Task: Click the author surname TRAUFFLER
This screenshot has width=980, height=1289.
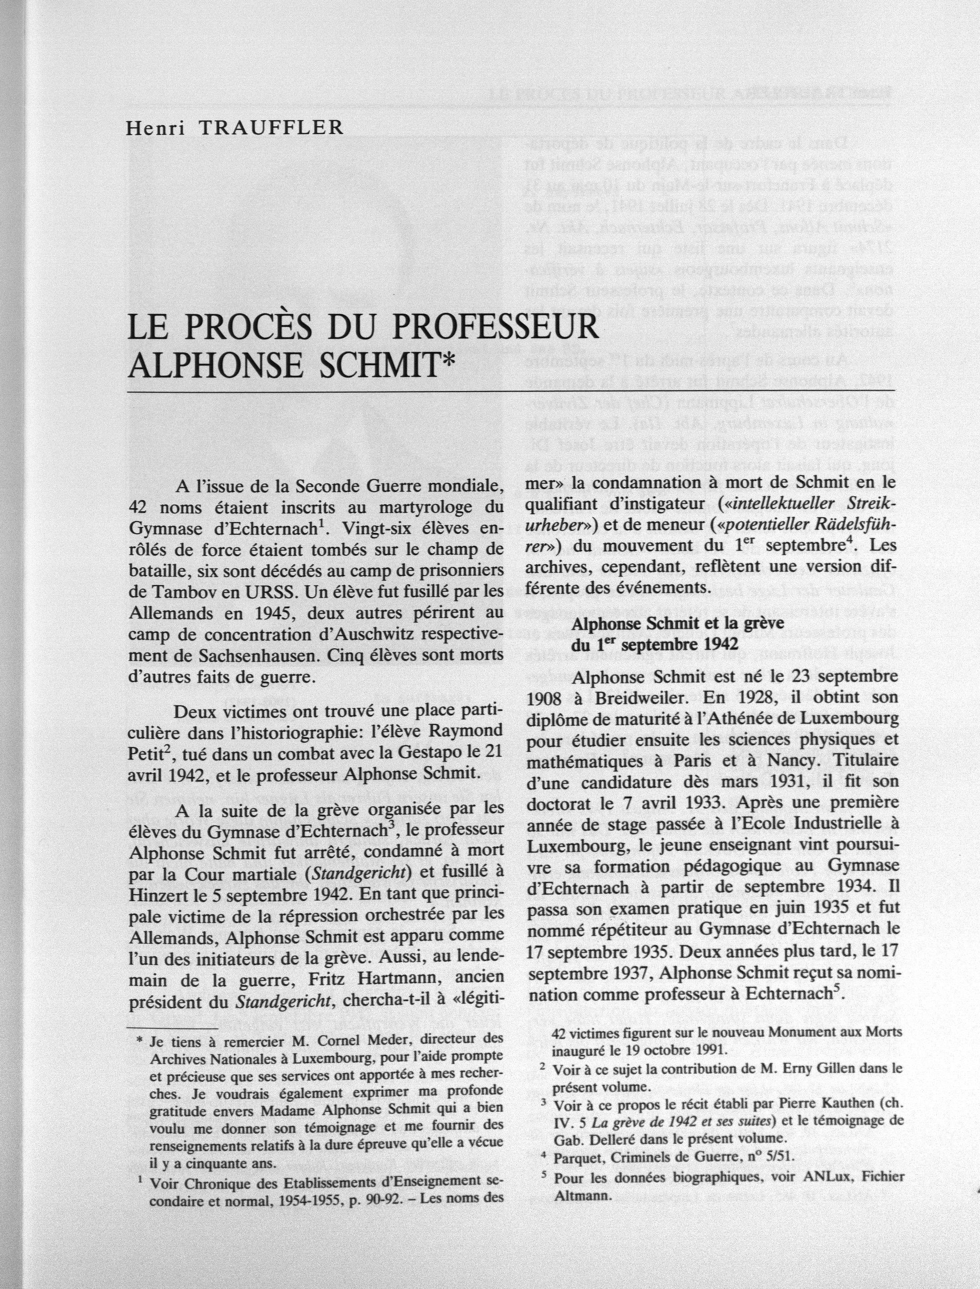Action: (x=271, y=128)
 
